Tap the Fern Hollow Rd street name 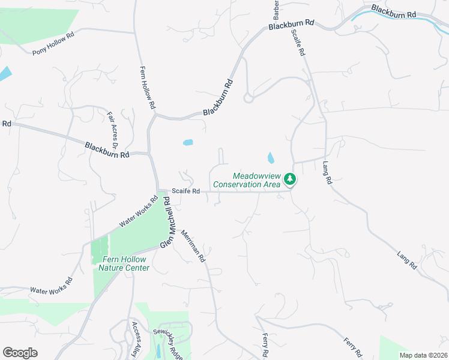tap(148, 87)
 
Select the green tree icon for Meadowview tap(290, 179)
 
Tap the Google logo tap(20, 353)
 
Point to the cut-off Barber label tap(276, 9)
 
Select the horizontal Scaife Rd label tap(185, 191)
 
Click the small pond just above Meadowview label tap(271, 158)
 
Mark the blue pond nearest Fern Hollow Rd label tap(188, 143)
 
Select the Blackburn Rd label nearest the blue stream tap(393, 12)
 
